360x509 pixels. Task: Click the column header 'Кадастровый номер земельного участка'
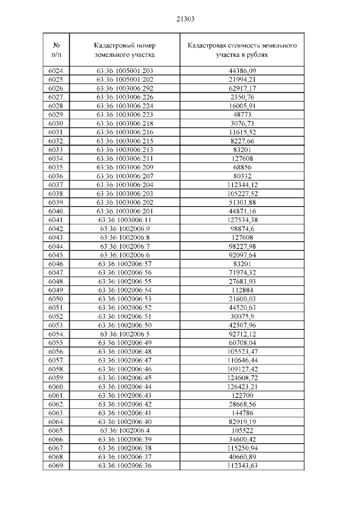(125, 50)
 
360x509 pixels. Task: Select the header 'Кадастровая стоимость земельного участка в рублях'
(242, 50)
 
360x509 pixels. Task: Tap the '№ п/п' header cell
(56, 50)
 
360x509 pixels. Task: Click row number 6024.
(56, 71)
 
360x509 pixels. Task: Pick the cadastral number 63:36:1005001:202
(125, 80)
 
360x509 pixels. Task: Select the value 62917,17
(242, 88)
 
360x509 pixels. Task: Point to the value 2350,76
(242, 97)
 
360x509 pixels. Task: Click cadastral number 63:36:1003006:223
(125, 115)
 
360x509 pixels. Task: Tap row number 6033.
(56, 150)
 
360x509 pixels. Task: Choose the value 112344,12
(242, 185)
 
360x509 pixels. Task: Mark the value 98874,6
(242, 228)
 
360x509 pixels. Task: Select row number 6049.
(56, 290)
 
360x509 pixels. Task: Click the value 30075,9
(242, 316)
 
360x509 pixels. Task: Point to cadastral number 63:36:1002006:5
(125, 334)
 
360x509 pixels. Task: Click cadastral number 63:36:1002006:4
(125, 430)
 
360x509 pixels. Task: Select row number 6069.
(56, 465)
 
